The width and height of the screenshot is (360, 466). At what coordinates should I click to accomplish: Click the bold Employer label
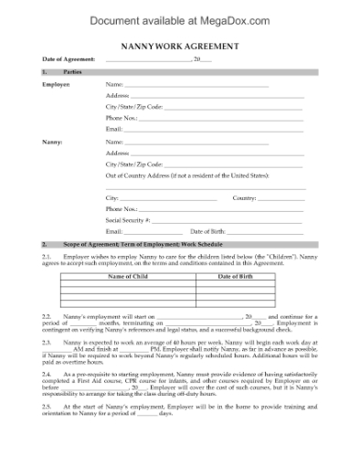pyautogui.click(x=57, y=84)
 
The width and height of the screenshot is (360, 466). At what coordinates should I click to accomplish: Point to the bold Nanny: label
pyautogui.click(x=52, y=142)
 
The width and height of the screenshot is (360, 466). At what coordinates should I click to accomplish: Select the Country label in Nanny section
pyautogui.click(x=244, y=197)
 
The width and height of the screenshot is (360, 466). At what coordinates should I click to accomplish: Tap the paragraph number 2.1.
pyautogui.click(x=47, y=258)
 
